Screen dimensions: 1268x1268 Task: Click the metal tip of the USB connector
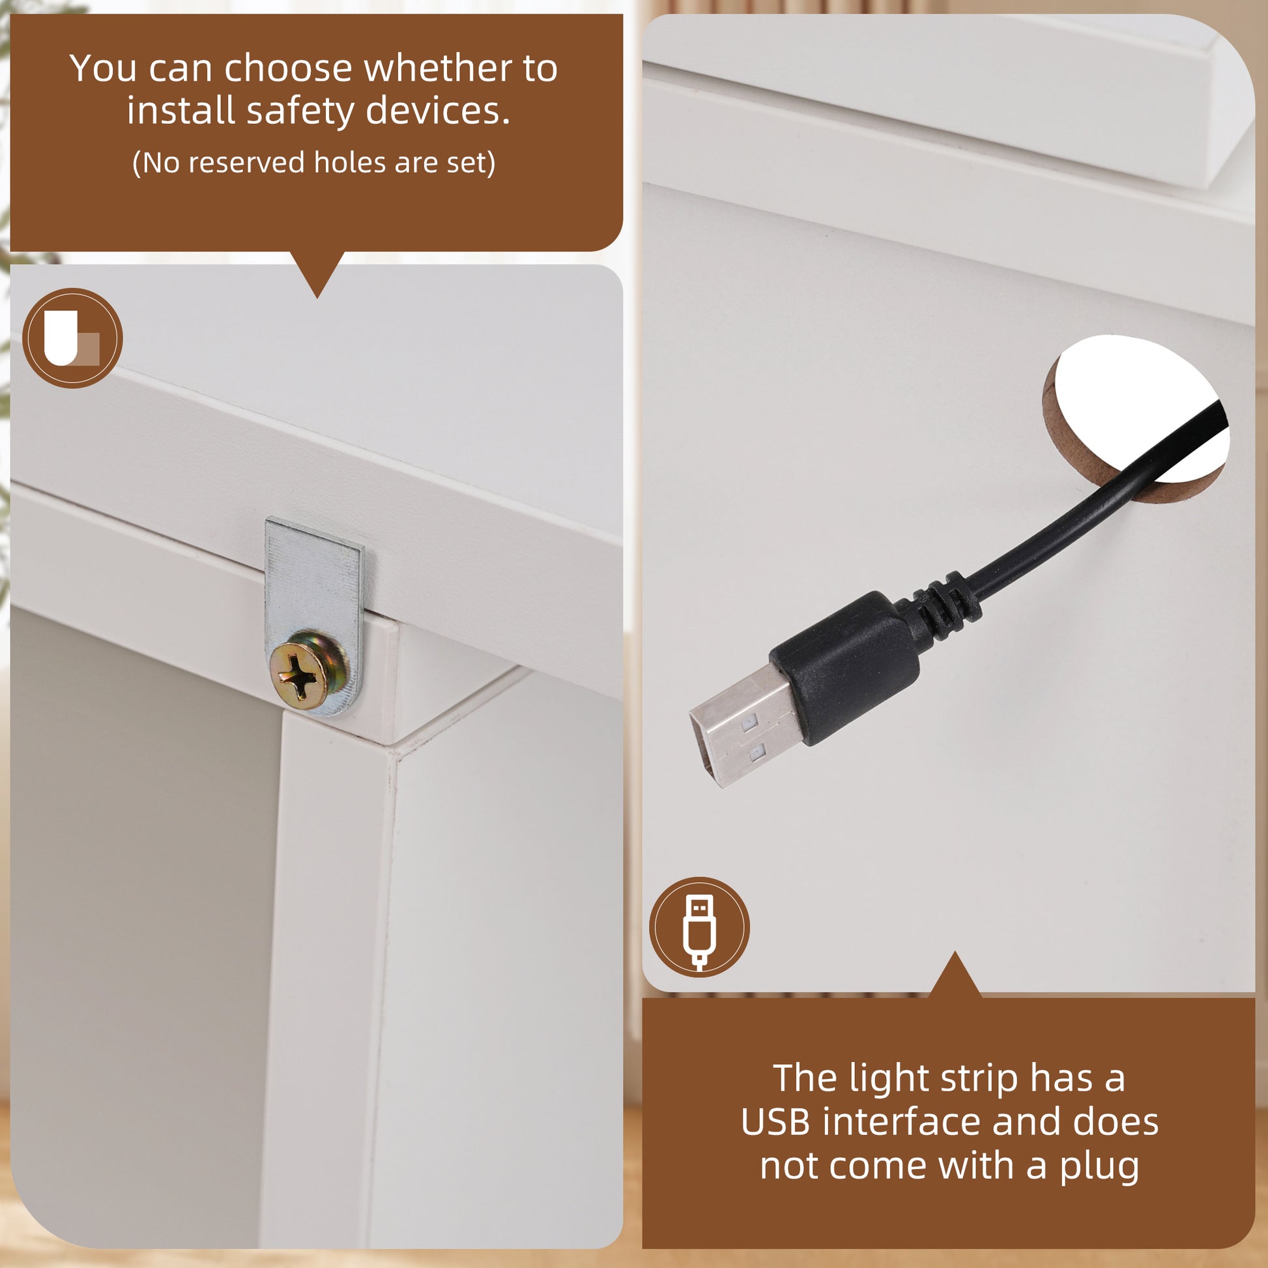(x=745, y=725)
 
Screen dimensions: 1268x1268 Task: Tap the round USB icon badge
(x=700, y=927)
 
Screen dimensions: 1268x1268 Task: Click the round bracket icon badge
(x=72, y=338)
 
